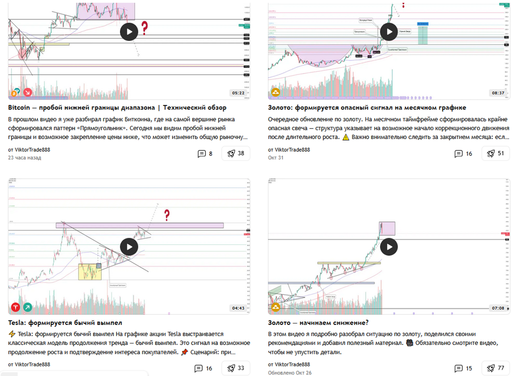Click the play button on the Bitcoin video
point(129,32)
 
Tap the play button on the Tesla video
point(129,247)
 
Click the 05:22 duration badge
point(238,93)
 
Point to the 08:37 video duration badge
point(498,93)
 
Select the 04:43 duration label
point(238,308)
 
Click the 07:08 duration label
point(498,308)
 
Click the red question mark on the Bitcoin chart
point(145,28)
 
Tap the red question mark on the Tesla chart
point(167,215)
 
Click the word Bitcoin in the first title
point(19,108)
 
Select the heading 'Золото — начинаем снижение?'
point(318,323)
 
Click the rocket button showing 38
point(236,153)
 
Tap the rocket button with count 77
point(496,368)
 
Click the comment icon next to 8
point(202,154)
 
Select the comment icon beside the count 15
point(458,368)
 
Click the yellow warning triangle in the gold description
point(346,137)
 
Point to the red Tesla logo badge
point(15,307)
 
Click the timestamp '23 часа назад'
point(25,158)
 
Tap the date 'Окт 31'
point(276,158)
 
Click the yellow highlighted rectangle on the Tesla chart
point(90,272)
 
